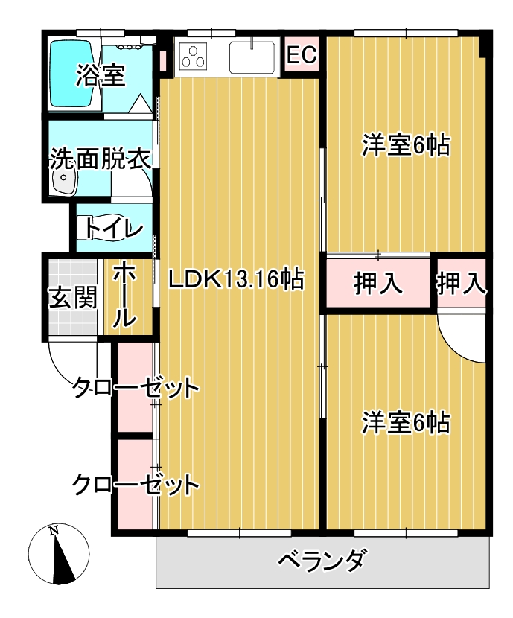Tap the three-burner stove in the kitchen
(x=193, y=56)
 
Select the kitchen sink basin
(x=252, y=57)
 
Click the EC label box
(x=302, y=54)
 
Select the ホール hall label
(x=124, y=296)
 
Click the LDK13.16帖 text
(x=237, y=279)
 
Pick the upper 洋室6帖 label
(x=406, y=144)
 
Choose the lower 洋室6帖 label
(x=406, y=422)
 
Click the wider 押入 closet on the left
(x=378, y=283)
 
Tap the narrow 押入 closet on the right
(x=461, y=283)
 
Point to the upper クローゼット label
(x=136, y=387)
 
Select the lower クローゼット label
(x=136, y=485)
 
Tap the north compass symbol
(x=59, y=555)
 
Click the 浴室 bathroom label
(x=101, y=75)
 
